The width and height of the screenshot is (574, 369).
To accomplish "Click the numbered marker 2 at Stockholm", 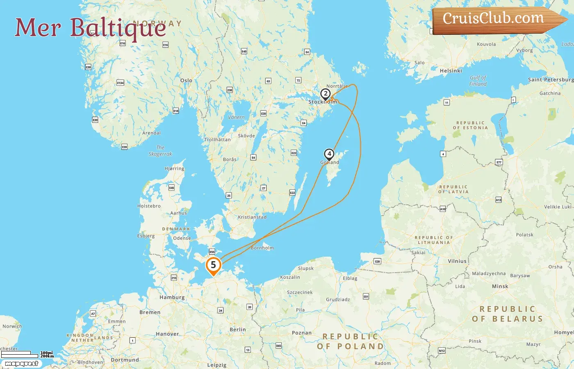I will pyautogui.click(x=326, y=94).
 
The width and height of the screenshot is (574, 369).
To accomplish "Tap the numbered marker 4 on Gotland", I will pyautogui.click(x=329, y=154).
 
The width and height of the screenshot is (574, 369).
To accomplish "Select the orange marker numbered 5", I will pyautogui.click(x=213, y=265).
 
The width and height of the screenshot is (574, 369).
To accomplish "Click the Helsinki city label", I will pyautogui.click(x=451, y=71).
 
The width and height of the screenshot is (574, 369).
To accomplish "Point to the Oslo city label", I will pyautogui.click(x=186, y=80).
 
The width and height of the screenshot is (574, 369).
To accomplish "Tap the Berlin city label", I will pyautogui.click(x=238, y=330).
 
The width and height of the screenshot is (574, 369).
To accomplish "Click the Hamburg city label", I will pyautogui.click(x=172, y=297).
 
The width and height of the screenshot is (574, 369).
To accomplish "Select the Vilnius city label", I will pyautogui.click(x=457, y=261).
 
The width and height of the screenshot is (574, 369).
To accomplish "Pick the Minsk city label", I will pyautogui.click(x=500, y=286).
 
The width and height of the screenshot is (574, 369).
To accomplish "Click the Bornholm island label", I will pyautogui.click(x=262, y=248).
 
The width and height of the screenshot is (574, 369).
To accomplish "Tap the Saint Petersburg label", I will pyautogui.click(x=551, y=80).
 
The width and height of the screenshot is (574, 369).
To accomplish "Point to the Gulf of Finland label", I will pyautogui.click(x=478, y=81).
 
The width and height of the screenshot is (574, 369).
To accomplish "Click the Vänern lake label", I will pyautogui.click(x=236, y=117).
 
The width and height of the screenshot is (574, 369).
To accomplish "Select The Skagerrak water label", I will pyautogui.click(x=160, y=151).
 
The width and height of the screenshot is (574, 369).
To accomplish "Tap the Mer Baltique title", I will pyautogui.click(x=91, y=28).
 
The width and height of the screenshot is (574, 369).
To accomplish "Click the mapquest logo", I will pyautogui.click(x=21, y=364).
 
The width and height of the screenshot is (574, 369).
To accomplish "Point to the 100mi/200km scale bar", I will pyautogui.click(x=27, y=354).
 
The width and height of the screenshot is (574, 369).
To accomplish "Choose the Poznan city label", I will pyautogui.click(x=302, y=333).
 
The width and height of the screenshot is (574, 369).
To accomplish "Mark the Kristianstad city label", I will pyautogui.click(x=252, y=217).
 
